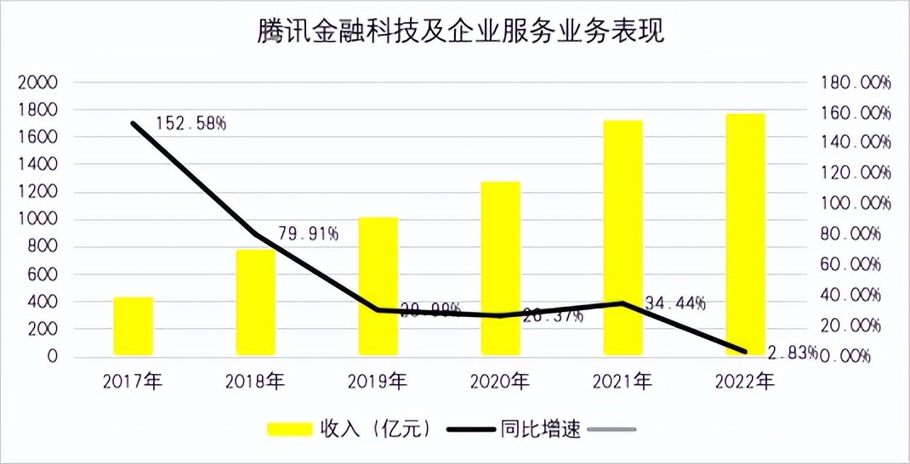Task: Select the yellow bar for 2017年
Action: pos(134,326)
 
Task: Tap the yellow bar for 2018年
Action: pos(256,303)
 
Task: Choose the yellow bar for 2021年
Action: pos(623,238)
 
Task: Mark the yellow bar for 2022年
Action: pos(746,235)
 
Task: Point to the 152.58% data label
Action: pos(191,124)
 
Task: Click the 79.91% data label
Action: pos(308,234)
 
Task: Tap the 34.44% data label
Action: pos(675,303)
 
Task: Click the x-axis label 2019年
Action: pos(378,382)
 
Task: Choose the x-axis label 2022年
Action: pos(746,382)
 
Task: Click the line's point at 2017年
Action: pos(134,123)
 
